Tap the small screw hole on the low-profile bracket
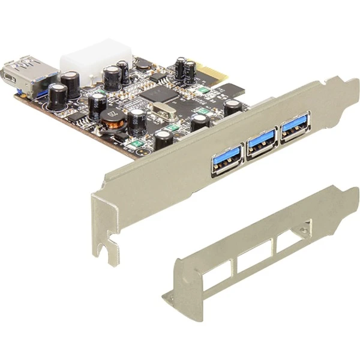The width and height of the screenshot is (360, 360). click(307, 229)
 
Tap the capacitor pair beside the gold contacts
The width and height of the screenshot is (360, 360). click(185, 71)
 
